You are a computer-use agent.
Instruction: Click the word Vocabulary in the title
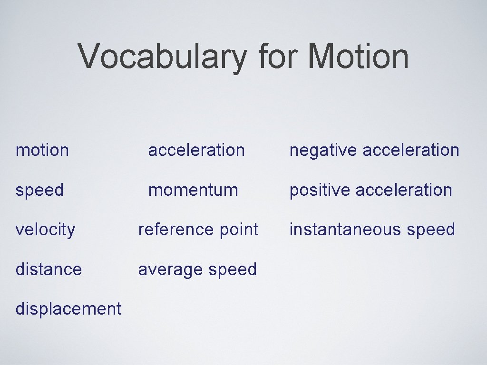(163, 57)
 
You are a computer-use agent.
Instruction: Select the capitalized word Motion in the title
(358, 57)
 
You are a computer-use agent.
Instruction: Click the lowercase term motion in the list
(42, 150)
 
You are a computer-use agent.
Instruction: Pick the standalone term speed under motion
(39, 191)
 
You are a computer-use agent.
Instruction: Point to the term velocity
(45, 230)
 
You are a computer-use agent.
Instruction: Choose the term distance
(49, 269)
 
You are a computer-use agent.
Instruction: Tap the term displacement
(68, 309)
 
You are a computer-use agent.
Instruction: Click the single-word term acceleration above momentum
(196, 150)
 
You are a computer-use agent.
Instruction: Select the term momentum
(193, 190)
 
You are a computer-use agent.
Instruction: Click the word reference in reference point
(175, 230)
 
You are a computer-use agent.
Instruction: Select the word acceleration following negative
(411, 150)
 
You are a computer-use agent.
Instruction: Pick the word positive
(320, 190)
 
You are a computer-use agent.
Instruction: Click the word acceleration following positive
(404, 190)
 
